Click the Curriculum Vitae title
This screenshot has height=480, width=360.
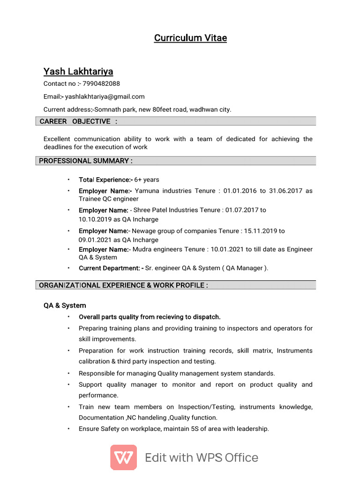(190, 38)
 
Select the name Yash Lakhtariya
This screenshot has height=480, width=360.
(78, 71)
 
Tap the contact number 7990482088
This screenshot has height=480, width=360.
(101, 84)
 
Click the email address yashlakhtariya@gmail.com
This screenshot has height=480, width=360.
(105, 97)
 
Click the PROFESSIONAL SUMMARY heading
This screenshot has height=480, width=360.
(86, 161)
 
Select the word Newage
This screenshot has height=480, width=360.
(145, 231)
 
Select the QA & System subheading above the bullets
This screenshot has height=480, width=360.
(65, 305)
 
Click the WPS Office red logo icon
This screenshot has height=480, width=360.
(124, 457)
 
